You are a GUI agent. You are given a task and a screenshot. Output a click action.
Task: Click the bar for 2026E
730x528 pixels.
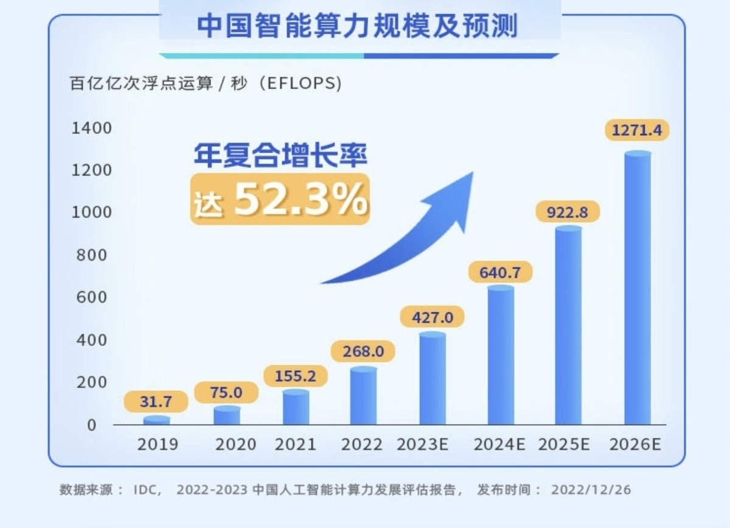pyautogui.click(x=638, y=289)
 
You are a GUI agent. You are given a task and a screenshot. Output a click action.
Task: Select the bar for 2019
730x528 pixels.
pyautogui.click(x=157, y=420)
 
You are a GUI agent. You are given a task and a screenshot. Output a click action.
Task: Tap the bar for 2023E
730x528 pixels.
pyautogui.click(x=433, y=379)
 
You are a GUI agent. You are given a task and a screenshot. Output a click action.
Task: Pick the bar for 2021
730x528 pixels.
pyautogui.click(x=296, y=407)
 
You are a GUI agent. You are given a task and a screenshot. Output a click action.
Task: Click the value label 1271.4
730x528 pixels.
pyautogui.click(x=638, y=130)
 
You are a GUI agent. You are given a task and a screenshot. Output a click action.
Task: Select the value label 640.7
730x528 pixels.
pyautogui.click(x=500, y=272)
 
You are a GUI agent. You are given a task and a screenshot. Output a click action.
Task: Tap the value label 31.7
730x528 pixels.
pyautogui.click(x=156, y=401)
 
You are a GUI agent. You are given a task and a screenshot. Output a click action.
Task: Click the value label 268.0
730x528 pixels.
pyautogui.click(x=363, y=352)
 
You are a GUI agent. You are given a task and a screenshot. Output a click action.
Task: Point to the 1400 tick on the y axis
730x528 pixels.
pyautogui.click(x=91, y=128)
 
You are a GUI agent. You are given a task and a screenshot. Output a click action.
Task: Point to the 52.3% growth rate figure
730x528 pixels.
pyautogui.click(x=301, y=199)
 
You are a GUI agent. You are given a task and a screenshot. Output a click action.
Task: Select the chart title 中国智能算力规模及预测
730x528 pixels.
pyautogui.click(x=358, y=27)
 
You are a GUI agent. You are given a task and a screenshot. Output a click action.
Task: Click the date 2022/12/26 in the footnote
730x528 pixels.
pyautogui.click(x=590, y=490)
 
